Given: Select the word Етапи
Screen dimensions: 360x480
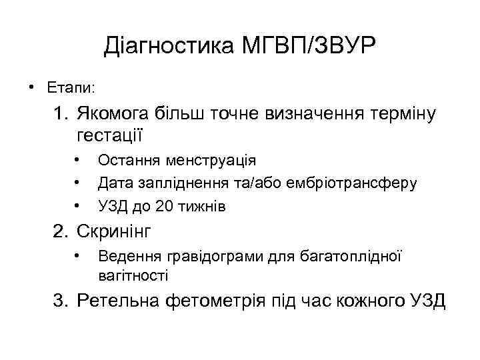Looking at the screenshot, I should click(70, 87).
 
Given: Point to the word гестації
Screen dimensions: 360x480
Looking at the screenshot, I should click(110, 135).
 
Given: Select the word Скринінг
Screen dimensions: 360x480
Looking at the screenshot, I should click(115, 232).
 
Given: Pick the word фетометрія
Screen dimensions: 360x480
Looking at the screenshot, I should click(212, 301).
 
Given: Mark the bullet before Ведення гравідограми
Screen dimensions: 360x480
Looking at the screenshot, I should click(78, 257).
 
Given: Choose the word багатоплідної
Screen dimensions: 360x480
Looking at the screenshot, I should click(354, 257).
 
